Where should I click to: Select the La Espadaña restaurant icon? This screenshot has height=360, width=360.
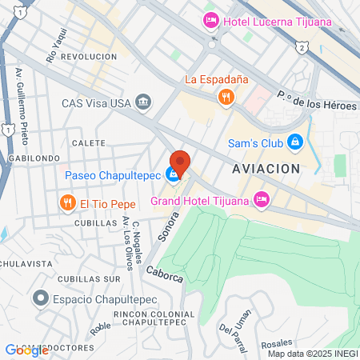226,97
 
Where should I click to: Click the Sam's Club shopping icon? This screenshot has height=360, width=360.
294,142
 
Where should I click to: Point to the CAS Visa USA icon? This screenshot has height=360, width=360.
143,102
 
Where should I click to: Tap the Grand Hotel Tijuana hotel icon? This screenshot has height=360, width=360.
261,198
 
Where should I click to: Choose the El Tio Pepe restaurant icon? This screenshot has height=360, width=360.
67,202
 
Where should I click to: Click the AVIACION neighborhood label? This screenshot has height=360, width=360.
266,169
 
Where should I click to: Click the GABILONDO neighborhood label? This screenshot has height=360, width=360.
30,158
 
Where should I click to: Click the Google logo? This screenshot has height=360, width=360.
26,350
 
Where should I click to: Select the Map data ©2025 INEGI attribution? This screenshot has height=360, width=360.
313,354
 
